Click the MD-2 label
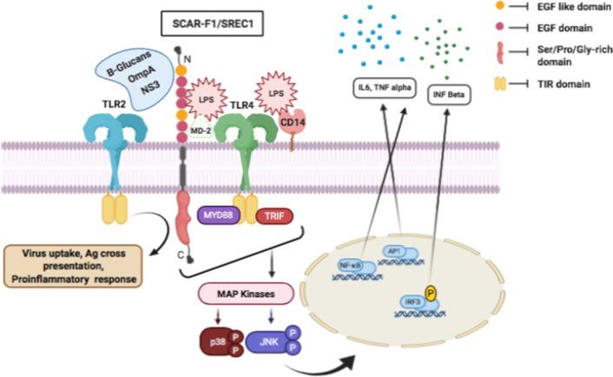(x=201, y=132)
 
